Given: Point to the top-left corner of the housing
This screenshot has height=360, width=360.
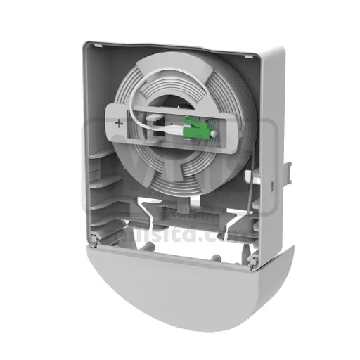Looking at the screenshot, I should (86, 47).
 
